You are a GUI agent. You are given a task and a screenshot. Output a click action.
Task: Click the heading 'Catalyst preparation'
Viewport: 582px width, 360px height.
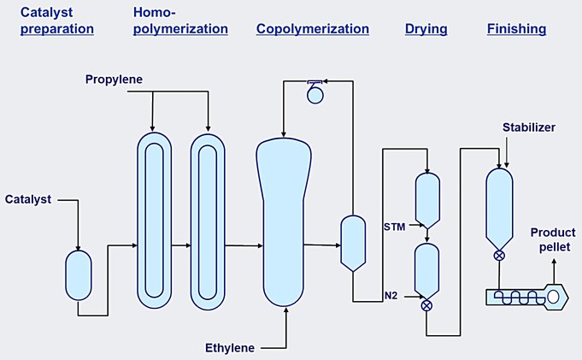[56, 21]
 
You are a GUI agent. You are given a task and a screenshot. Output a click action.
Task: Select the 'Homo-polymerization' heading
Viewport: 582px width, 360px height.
[180, 21]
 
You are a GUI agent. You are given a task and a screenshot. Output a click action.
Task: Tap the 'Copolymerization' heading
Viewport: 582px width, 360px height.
[313, 29]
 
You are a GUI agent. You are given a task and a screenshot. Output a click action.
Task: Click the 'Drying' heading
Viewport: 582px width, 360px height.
[426, 29]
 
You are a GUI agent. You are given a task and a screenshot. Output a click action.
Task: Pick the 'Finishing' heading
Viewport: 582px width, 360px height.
[516, 29]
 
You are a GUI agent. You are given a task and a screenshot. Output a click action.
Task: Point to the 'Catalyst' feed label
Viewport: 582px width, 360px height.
[27, 199]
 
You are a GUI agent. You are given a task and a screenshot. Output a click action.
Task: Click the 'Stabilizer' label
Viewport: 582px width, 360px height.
[529, 127]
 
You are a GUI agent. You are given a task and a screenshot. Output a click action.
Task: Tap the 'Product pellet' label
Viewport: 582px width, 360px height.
[551, 239]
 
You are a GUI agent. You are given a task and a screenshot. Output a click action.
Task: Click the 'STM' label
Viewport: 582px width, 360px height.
[395, 226]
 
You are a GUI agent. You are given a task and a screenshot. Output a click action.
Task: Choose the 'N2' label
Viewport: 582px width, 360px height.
[391, 296]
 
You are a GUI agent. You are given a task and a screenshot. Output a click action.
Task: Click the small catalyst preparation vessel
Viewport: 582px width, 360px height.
[78, 274]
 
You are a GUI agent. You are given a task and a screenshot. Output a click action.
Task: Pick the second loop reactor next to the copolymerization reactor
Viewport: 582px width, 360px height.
[208, 221]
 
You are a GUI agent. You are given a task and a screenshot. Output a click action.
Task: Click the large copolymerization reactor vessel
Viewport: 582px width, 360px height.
[282, 222]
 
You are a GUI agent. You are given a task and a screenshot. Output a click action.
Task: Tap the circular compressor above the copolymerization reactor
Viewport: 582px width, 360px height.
[316, 95]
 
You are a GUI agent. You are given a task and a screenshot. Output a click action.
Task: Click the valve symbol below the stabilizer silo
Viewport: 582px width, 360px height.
[499, 255]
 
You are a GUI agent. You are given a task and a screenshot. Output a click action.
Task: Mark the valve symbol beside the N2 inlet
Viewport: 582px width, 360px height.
[426, 305]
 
